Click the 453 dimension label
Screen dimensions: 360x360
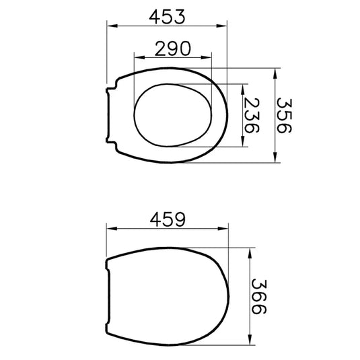(167, 17)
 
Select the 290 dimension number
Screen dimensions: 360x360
(173, 48)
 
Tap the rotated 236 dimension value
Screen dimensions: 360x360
(252, 116)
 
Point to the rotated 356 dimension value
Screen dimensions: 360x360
(284, 116)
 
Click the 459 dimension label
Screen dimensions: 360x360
(167, 219)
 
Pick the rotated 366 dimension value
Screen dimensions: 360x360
(259, 297)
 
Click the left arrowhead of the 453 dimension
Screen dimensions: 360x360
(112, 26)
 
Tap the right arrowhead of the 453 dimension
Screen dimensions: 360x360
(222, 26)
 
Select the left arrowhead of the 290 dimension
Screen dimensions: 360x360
(139, 57)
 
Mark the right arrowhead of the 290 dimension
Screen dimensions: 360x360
(206, 57)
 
